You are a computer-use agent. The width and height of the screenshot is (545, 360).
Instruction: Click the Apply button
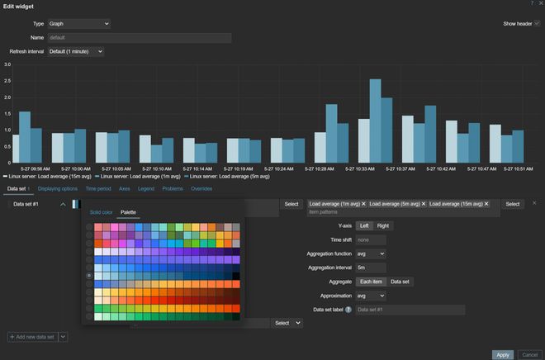pyautogui.click(x=503, y=354)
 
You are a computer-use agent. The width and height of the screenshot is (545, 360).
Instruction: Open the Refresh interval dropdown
pyautogui.click(x=76, y=51)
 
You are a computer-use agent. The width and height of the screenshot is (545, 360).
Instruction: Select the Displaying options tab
pyautogui.click(x=58, y=188)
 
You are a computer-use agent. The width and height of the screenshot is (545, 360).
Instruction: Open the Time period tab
pyautogui.click(x=98, y=188)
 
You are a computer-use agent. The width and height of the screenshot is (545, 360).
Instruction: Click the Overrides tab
pyautogui.click(x=201, y=188)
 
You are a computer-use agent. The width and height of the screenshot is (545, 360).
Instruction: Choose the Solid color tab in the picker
pyautogui.click(x=102, y=212)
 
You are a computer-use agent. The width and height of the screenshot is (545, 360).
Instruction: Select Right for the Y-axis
pyautogui.click(x=383, y=225)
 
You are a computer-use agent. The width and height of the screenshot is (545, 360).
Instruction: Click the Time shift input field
pyautogui.click(x=371, y=239)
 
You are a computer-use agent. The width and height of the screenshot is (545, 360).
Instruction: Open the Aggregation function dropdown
pyautogui.click(x=371, y=253)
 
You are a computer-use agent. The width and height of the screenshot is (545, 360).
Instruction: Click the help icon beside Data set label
pyautogui.click(x=348, y=310)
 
